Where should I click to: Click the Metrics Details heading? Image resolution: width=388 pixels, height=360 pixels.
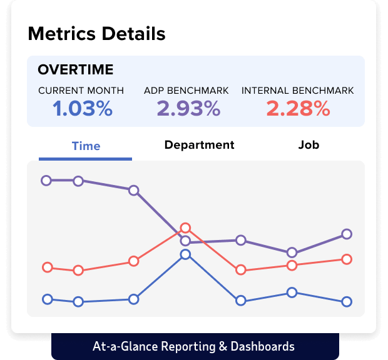pyautogui.click(x=96, y=33)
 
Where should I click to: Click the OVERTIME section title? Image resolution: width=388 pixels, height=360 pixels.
pyautogui.click(x=76, y=69)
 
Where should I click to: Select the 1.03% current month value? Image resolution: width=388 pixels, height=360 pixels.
pyautogui.click(x=83, y=109)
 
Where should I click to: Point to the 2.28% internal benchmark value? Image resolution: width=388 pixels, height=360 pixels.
pyautogui.click(x=298, y=109)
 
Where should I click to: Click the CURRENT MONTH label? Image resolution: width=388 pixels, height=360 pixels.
pyautogui.click(x=81, y=91)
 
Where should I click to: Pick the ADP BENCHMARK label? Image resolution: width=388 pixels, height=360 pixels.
pyautogui.click(x=186, y=91)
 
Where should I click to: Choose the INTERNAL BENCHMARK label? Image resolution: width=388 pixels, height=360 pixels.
pyautogui.click(x=298, y=91)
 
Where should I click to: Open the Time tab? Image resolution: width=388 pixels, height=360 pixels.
pyautogui.click(x=86, y=146)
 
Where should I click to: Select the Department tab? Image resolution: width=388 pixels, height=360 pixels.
pyautogui.click(x=199, y=145)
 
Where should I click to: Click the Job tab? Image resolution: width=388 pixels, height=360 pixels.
pyautogui.click(x=309, y=145)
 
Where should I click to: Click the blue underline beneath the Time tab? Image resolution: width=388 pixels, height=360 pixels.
pyautogui.click(x=85, y=159)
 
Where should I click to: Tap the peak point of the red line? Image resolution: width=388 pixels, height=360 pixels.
pyautogui.click(x=185, y=228)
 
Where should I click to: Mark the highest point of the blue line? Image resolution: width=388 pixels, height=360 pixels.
pyautogui.click(x=185, y=254)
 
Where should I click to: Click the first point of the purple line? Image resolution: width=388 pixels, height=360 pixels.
pyautogui.click(x=46, y=181)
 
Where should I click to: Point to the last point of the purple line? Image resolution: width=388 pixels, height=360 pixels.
pyautogui.click(x=347, y=234)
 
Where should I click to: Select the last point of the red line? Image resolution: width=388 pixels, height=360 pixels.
pyautogui.click(x=347, y=259)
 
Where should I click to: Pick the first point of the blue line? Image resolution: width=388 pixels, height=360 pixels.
pyautogui.click(x=47, y=299)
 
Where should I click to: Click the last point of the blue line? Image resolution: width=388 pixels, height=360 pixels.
pyautogui.click(x=347, y=302)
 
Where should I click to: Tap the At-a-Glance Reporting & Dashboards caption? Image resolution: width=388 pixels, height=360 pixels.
pyautogui.click(x=193, y=346)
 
